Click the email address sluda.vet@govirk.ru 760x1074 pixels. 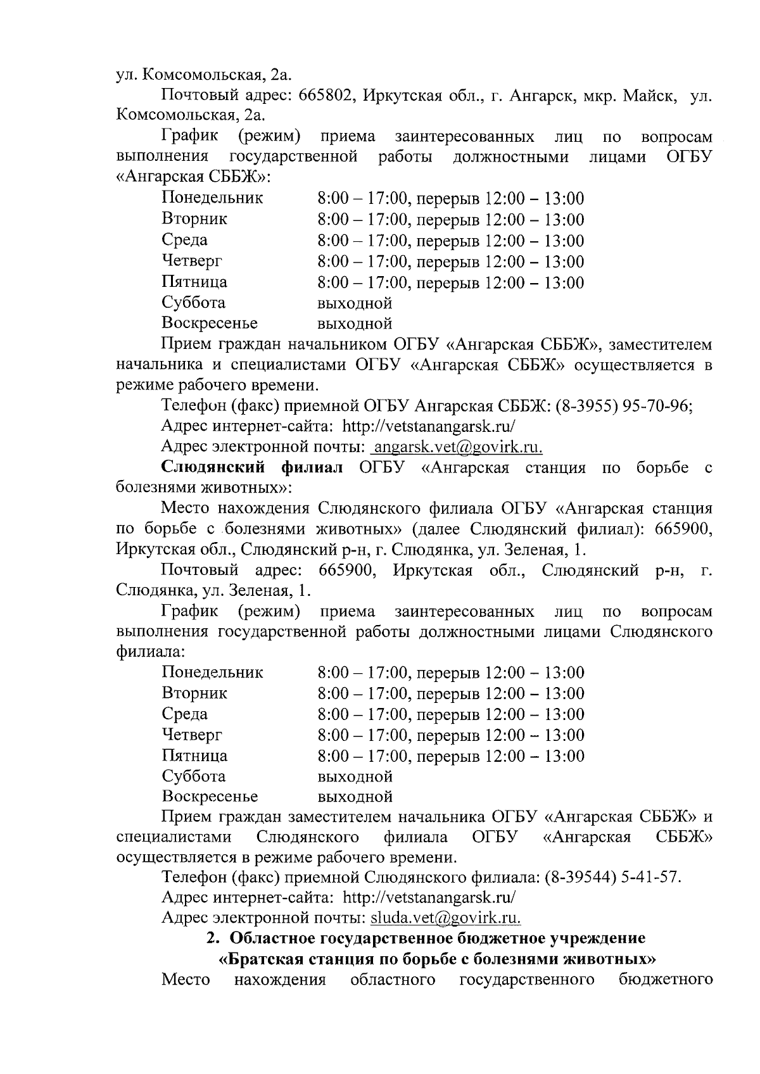click(x=445, y=918)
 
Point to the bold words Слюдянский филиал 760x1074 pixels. click(x=252, y=468)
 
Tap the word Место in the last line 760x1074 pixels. click(x=186, y=980)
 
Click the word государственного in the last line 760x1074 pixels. click(x=526, y=980)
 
